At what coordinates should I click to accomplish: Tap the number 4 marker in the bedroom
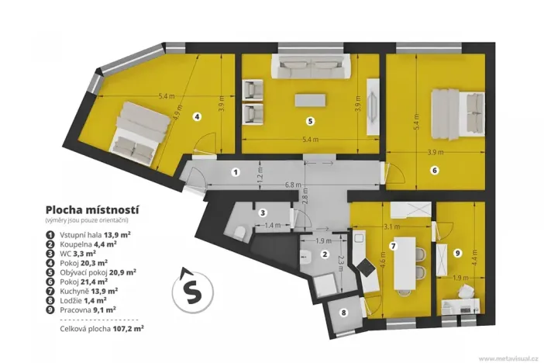tap(198, 117)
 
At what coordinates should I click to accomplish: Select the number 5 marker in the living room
tap(309, 121)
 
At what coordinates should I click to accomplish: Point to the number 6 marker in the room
tap(435, 169)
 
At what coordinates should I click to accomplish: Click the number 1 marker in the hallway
tap(236, 171)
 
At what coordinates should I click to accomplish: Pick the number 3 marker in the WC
tap(263, 213)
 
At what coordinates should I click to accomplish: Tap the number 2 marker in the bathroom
tap(325, 254)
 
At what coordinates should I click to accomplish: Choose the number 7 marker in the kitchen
tap(393, 246)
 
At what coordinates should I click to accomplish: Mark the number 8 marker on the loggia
tap(344, 313)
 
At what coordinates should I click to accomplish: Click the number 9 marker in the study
tap(456, 252)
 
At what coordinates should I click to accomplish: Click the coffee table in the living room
tap(310, 100)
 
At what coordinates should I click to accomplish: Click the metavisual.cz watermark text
tap(508, 358)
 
